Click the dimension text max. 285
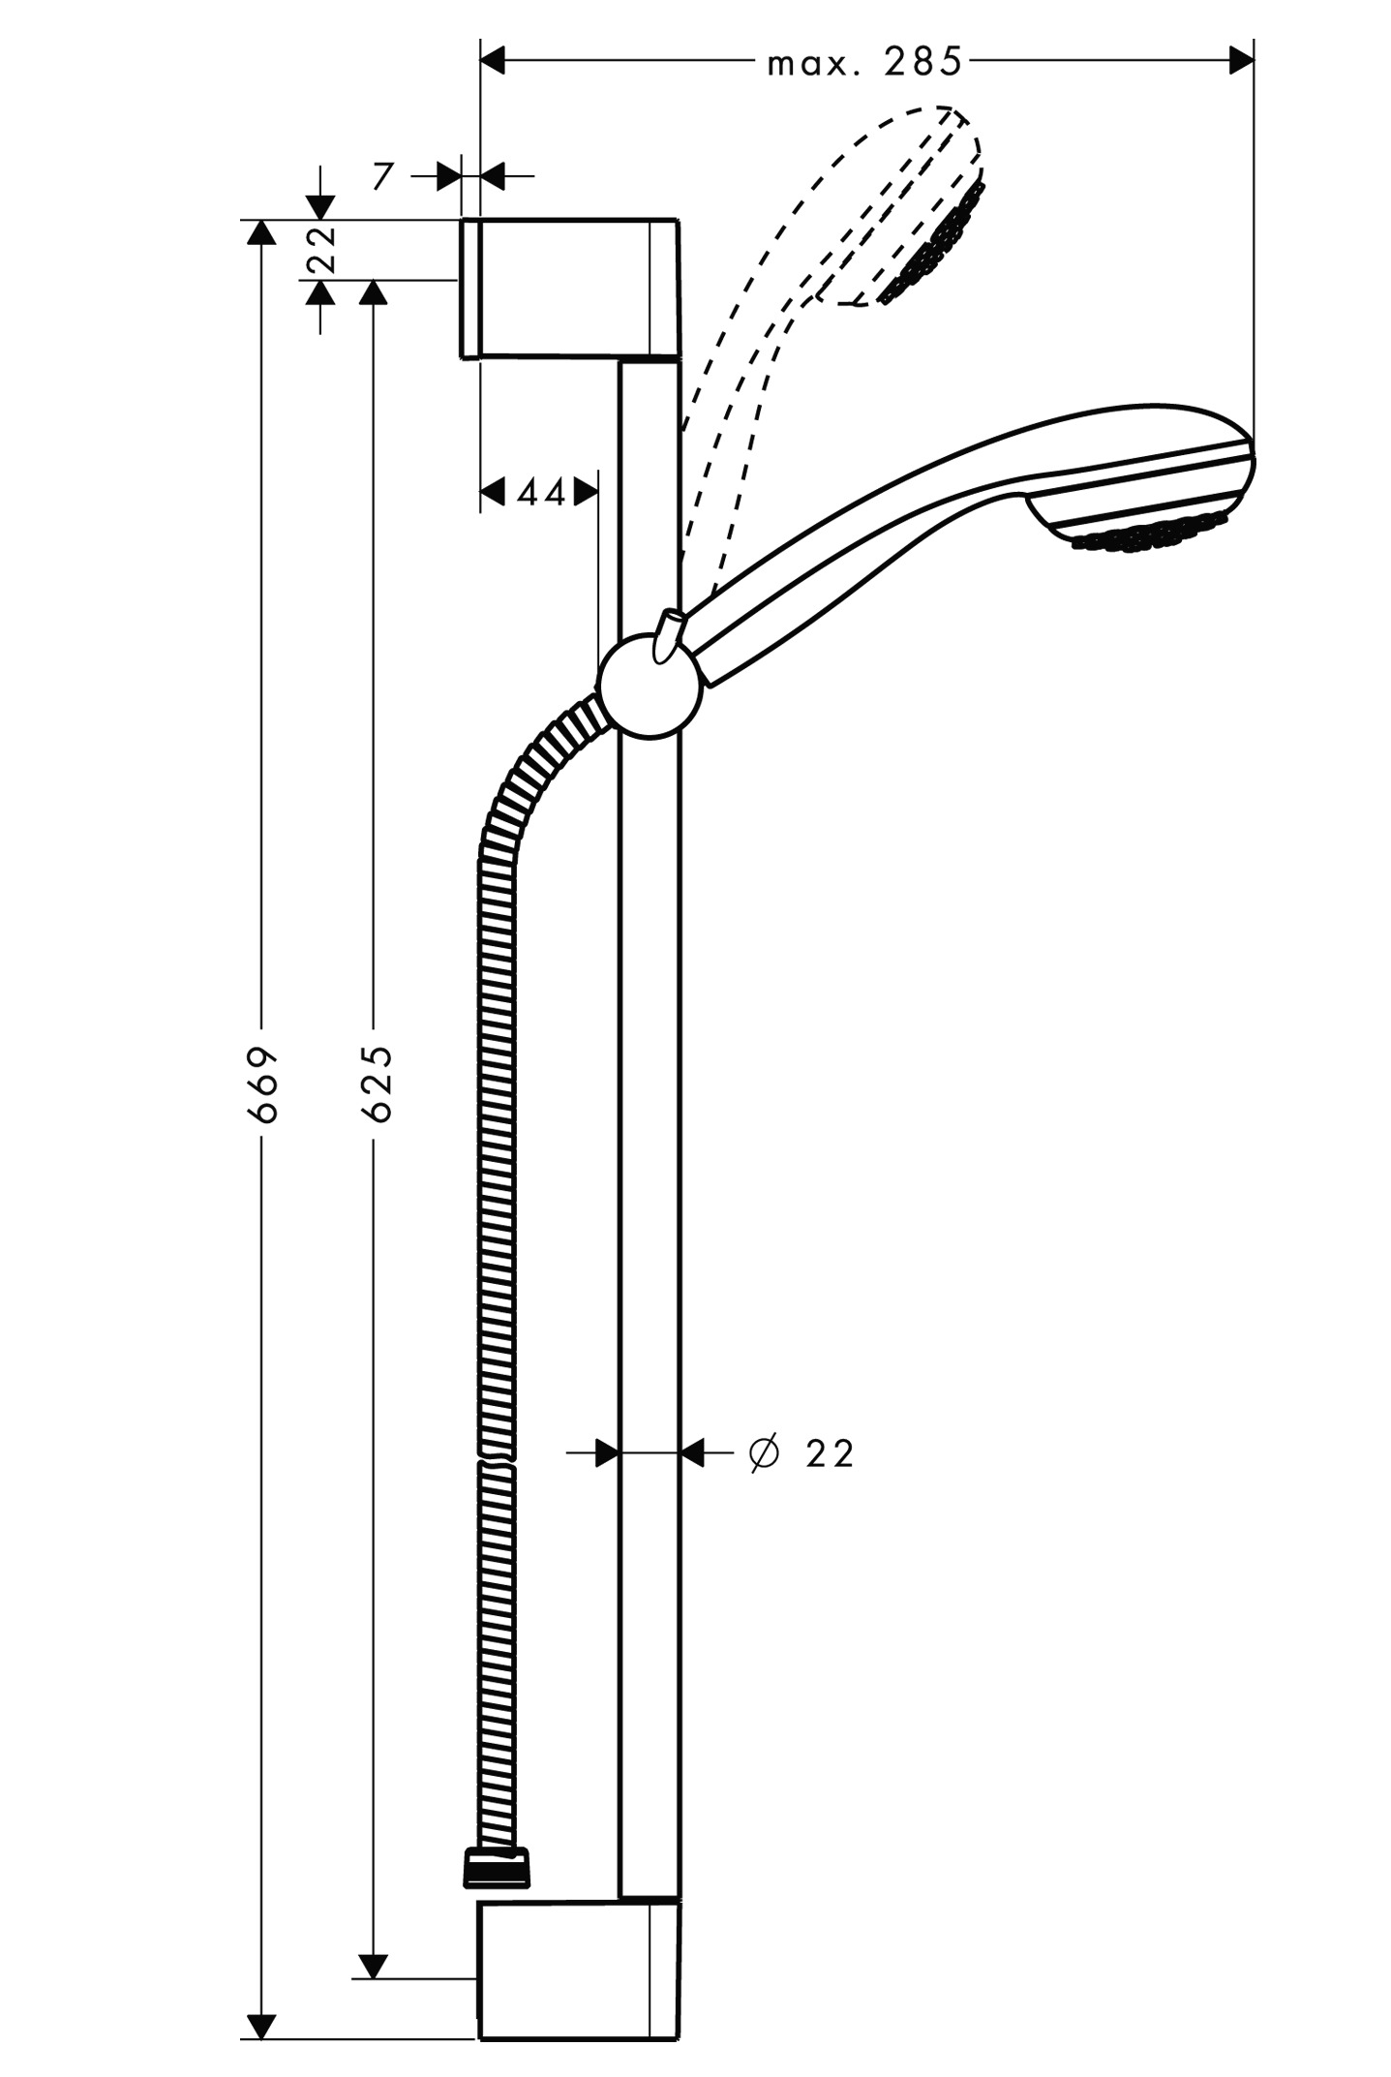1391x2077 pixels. pos(864,63)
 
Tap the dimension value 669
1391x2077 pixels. pos(262,1084)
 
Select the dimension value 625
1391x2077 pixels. pos(377,1084)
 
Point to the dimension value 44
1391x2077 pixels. pos(540,493)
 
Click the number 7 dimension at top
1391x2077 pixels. pos(383,176)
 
